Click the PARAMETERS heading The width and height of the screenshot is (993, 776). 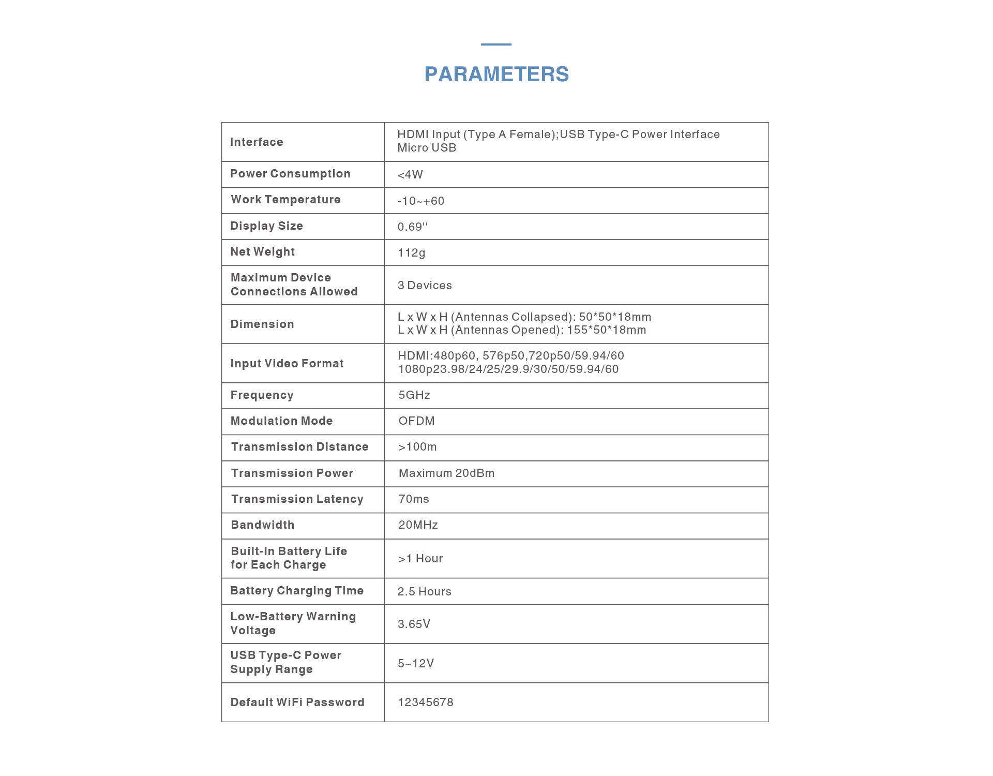pyautogui.click(x=496, y=74)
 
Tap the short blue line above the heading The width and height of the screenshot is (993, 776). pyautogui.click(x=496, y=44)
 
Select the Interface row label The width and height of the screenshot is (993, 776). pyautogui.click(x=257, y=142)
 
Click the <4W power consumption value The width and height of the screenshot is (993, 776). pyautogui.click(x=410, y=175)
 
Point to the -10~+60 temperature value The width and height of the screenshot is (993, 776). pyautogui.click(x=421, y=201)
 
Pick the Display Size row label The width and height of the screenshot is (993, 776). pyautogui.click(x=266, y=226)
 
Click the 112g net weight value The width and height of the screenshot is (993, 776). pyautogui.click(x=411, y=253)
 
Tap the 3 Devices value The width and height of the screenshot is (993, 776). pyautogui.click(x=425, y=286)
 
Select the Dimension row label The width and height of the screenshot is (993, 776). pyautogui.click(x=262, y=324)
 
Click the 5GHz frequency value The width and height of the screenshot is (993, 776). pyautogui.click(x=414, y=395)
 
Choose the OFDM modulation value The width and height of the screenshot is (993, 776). pyautogui.click(x=416, y=421)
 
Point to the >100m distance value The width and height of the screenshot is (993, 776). pyautogui.click(x=417, y=447)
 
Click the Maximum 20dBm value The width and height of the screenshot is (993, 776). pyautogui.click(x=446, y=473)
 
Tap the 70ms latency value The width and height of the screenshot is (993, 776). pyautogui.click(x=414, y=499)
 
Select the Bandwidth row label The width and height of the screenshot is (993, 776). pyautogui.click(x=263, y=525)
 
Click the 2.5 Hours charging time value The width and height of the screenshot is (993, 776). pyautogui.click(x=424, y=592)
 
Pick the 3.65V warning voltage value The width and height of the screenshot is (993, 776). pyautogui.click(x=414, y=624)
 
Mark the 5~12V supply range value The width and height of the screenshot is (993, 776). pyautogui.click(x=416, y=664)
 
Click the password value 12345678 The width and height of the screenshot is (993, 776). pyautogui.click(x=426, y=703)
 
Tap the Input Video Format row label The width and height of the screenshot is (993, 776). pyautogui.click(x=287, y=364)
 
